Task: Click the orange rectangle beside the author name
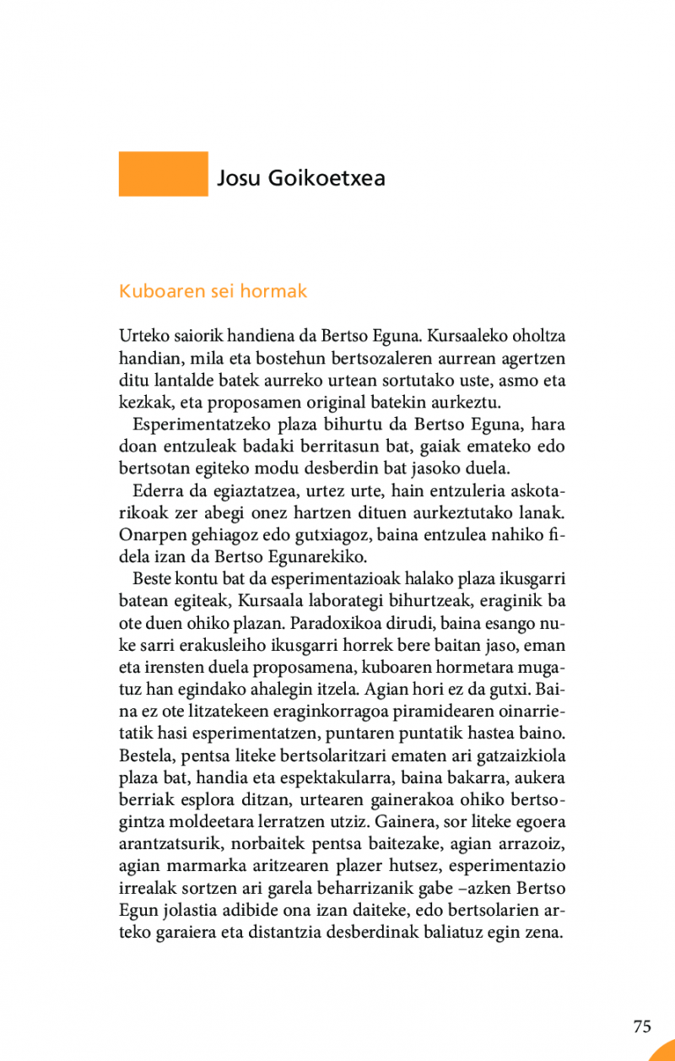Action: [x=163, y=174]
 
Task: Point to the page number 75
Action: [x=642, y=1026]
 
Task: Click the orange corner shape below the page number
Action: [x=665, y=1052]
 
